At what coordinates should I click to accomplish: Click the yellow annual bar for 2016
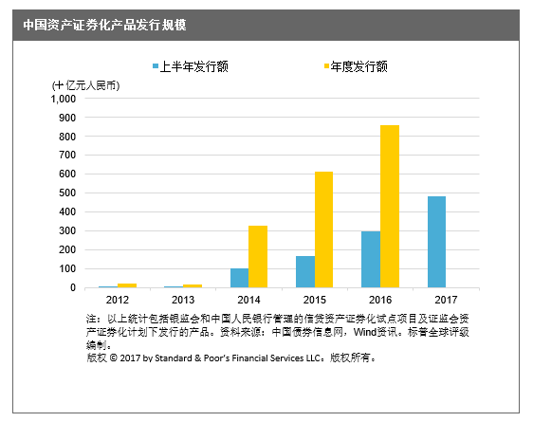[x=390, y=206]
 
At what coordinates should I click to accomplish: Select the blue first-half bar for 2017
[x=436, y=242]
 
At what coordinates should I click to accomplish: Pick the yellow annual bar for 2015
[x=323, y=229]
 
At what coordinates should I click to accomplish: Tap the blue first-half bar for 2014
[x=239, y=278]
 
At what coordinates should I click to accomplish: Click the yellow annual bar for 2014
[x=258, y=257]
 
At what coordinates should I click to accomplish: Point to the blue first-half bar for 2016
[x=371, y=260]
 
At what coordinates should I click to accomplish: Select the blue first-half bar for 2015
[x=305, y=272]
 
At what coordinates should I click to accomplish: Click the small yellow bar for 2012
[x=127, y=285]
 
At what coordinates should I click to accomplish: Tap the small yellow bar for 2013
[x=193, y=286]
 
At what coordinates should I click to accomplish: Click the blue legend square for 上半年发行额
[x=156, y=66]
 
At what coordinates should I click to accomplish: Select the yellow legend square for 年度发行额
[x=326, y=66]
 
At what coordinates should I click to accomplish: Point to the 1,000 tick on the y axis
[x=64, y=99]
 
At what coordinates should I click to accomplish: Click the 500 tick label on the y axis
[x=68, y=193]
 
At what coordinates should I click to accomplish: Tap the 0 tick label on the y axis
[x=73, y=287]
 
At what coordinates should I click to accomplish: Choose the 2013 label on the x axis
[x=183, y=300]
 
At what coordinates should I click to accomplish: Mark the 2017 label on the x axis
[x=446, y=300]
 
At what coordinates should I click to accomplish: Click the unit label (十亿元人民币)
[x=85, y=85]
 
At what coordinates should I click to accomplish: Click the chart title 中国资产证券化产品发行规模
[x=104, y=25]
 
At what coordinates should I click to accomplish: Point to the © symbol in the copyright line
[x=114, y=358]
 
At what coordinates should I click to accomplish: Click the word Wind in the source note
[x=365, y=332]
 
